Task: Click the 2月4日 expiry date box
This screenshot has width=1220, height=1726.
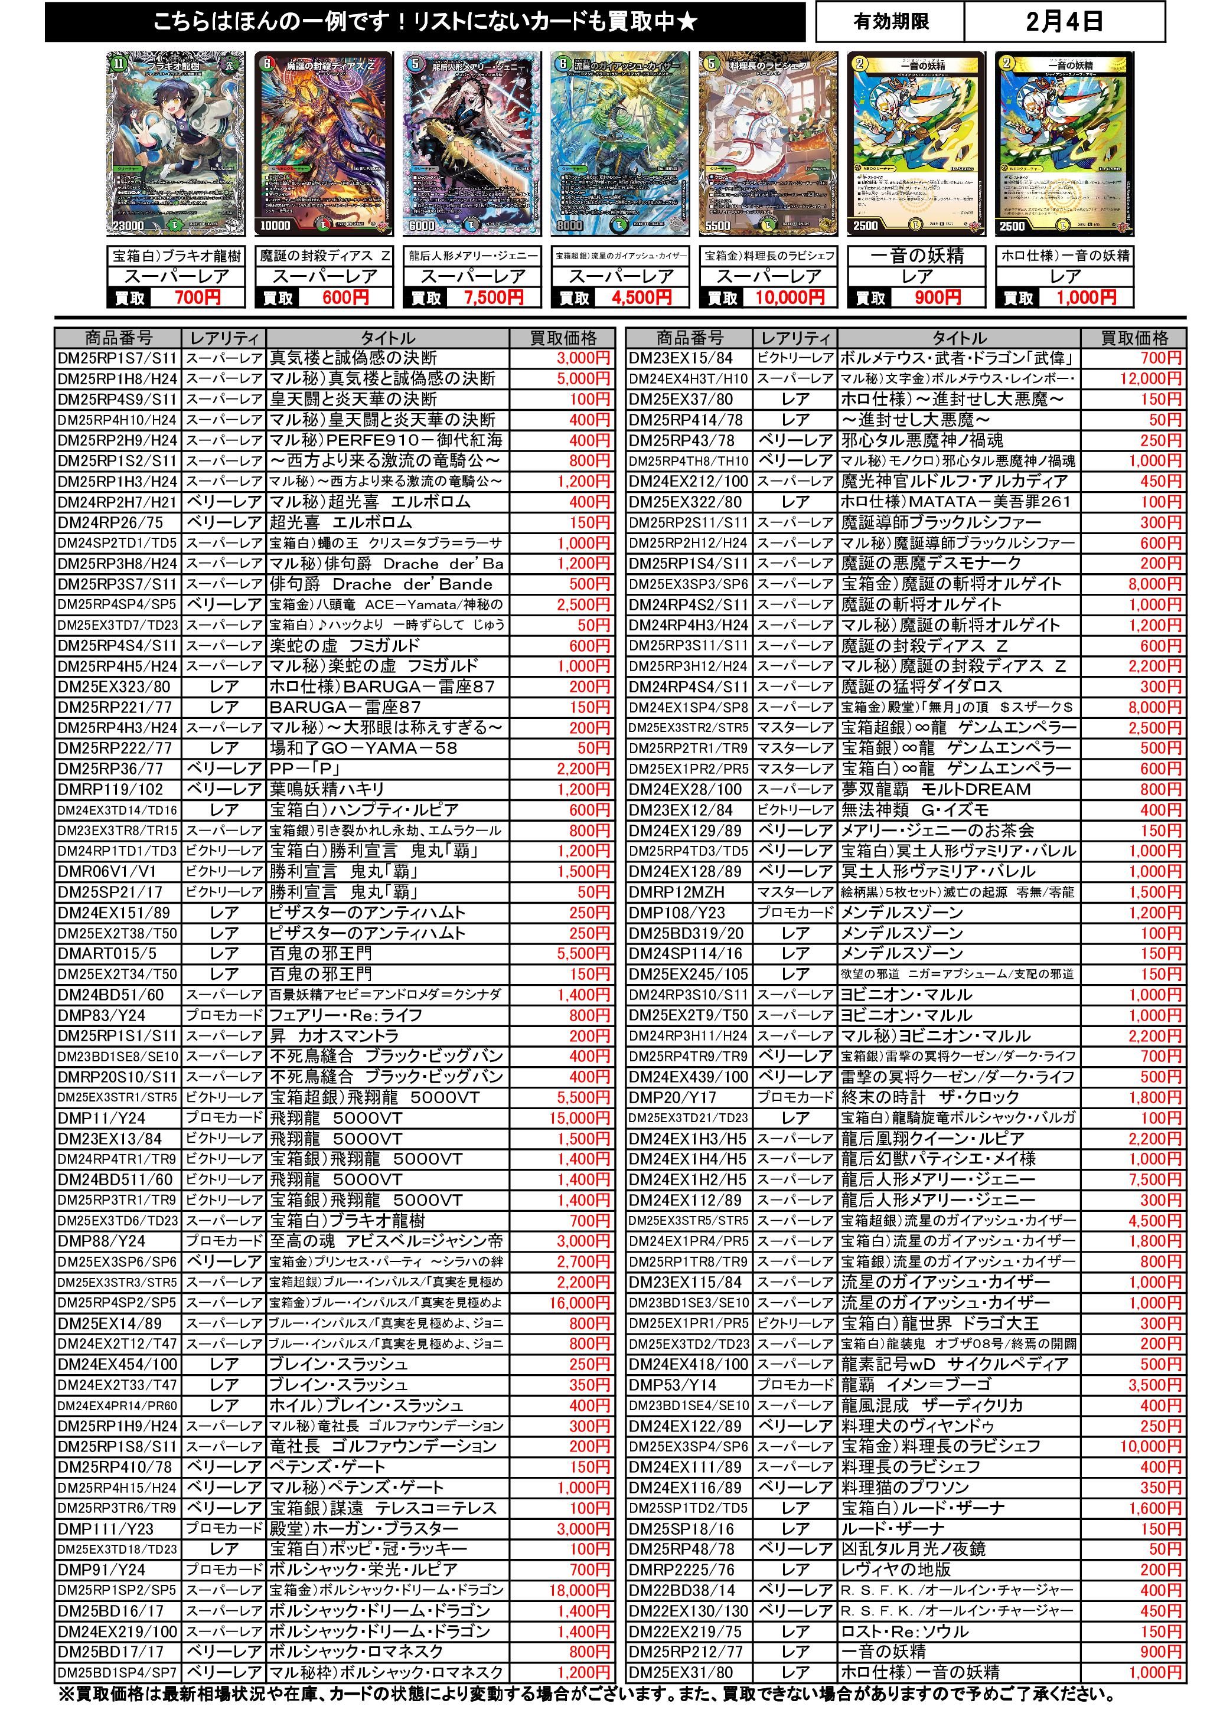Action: point(1064,22)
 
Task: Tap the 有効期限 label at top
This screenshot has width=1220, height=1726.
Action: point(890,22)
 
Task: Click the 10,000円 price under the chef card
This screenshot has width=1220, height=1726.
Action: point(790,298)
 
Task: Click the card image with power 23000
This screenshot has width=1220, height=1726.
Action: point(175,143)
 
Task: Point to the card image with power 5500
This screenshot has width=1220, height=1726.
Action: point(767,143)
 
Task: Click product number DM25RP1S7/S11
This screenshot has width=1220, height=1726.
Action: point(118,358)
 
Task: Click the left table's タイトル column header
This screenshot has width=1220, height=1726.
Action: point(387,338)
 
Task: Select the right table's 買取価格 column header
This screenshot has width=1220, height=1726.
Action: point(1134,338)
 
